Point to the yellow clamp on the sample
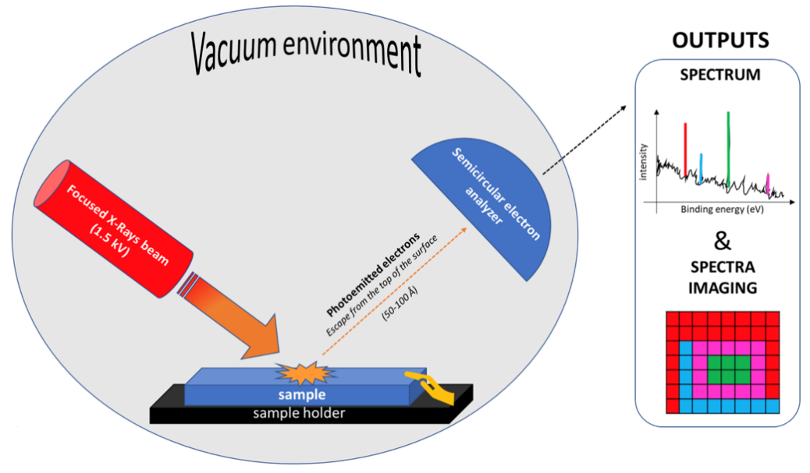tap(426, 387)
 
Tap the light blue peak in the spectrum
tap(702, 167)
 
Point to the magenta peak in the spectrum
tap(768, 184)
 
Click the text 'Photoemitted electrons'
tap(374, 273)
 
